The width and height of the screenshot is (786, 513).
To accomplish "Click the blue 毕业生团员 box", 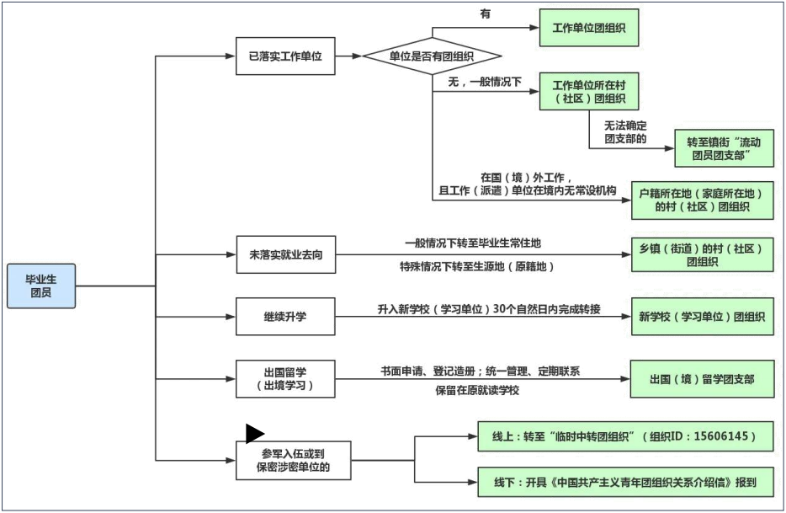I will pos(41,286).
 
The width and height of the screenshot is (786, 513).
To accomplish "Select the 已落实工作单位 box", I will pos(285,56).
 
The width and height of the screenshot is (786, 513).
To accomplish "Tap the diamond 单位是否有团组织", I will pos(432,56).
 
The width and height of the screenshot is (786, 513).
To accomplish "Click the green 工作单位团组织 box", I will pos(588,28).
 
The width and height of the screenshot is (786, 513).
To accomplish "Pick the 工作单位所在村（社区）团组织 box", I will pos(588,92).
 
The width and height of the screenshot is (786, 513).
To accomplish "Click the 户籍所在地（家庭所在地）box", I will pos(702,200).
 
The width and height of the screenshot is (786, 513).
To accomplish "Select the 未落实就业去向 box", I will pos(285,254).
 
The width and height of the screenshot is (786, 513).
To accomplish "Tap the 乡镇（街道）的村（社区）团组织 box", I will pos(702,254).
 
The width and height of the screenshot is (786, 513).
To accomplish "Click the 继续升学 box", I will pos(285,318).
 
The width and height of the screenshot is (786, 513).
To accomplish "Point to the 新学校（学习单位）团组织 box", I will pos(702,318).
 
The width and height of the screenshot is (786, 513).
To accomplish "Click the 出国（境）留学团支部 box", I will pos(702,379).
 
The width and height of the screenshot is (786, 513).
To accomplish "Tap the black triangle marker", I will pos(254,434).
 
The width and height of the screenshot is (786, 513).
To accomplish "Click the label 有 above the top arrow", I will pos(485,14).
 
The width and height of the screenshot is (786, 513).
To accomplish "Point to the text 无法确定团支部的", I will pos(624,132).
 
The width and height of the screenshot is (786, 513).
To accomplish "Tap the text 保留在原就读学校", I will pos(477,390).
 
